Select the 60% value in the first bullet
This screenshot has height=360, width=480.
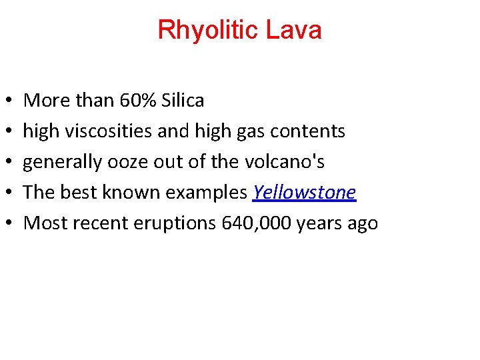click(137, 101)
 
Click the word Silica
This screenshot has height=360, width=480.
click(181, 101)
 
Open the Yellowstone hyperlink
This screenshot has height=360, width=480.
click(304, 193)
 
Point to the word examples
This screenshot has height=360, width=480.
click(206, 193)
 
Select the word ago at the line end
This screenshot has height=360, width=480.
click(363, 223)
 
